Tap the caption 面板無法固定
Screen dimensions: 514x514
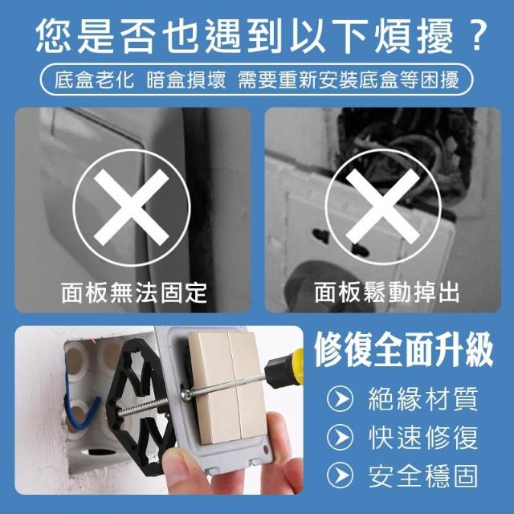pos(134,292)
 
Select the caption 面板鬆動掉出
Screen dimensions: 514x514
pos(387,292)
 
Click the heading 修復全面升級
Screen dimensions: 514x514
pos(403,349)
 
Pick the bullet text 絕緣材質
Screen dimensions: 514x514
pos(423,398)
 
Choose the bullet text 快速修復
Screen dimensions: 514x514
pos(423,437)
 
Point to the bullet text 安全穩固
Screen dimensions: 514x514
pos(423,475)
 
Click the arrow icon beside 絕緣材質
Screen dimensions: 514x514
pos(341,398)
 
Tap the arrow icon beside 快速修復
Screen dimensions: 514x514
pos(341,437)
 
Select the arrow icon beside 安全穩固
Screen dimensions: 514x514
pos(341,475)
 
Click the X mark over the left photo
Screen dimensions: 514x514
pos(132,207)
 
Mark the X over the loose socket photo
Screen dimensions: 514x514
pos(382,207)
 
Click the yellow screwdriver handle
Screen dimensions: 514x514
pos(293,368)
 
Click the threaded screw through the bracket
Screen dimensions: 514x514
pos(142,408)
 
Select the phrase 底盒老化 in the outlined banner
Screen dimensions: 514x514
pos(95,80)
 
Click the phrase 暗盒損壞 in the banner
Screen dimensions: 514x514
pos(186,80)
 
